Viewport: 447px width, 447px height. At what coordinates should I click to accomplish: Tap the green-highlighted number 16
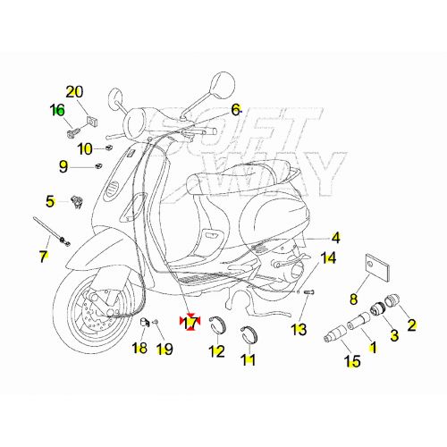pyautogui.click(x=57, y=110)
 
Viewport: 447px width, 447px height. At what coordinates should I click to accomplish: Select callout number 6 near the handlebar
pyautogui.click(x=236, y=109)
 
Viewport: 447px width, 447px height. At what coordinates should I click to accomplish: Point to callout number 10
pyautogui.click(x=85, y=148)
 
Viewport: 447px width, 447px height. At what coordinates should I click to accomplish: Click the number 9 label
pyautogui.click(x=63, y=165)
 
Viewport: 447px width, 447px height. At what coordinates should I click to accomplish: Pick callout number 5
pyautogui.click(x=51, y=201)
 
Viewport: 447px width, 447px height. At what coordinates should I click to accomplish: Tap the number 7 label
pyautogui.click(x=43, y=257)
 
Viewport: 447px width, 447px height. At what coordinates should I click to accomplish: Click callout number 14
pyautogui.click(x=328, y=258)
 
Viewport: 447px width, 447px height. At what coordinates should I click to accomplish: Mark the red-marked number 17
pyautogui.click(x=189, y=322)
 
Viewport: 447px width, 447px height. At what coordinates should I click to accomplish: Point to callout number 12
pyautogui.click(x=216, y=351)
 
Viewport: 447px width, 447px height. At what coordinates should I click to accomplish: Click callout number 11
pyautogui.click(x=248, y=360)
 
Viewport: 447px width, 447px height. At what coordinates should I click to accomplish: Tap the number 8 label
pyautogui.click(x=352, y=299)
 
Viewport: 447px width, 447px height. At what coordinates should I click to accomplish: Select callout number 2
pyautogui.click(x=412, y=325)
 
